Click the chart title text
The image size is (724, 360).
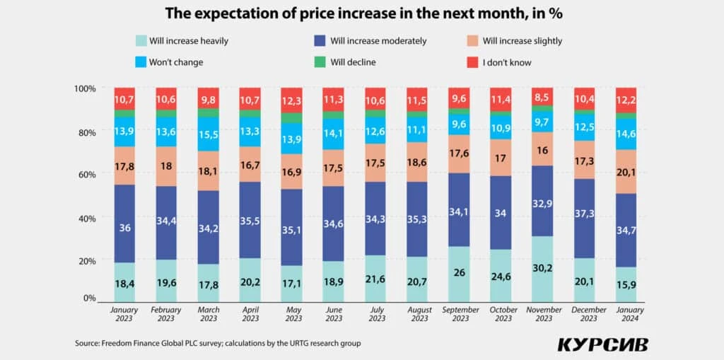(x=362, y=13)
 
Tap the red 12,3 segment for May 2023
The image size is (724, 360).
(x=292, y=100)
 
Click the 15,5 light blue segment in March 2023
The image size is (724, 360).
(x=209, y=134)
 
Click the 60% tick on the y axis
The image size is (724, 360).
(x=86, y=174)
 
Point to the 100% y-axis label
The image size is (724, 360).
(x=84, y=88)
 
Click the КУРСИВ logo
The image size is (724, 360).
(x=602, y=344)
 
